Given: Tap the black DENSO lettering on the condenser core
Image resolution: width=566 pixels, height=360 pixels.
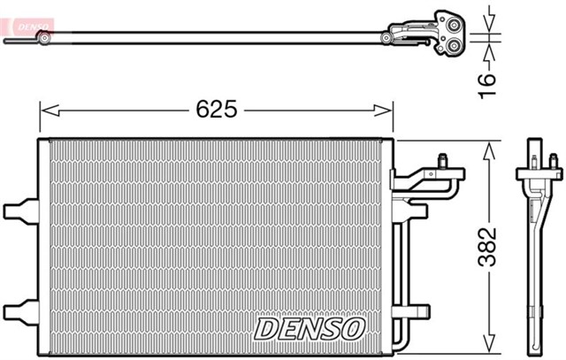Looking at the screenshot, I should click(x=309, y=328).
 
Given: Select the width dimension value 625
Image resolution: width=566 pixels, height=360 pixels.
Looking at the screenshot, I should click(x=215, y=110).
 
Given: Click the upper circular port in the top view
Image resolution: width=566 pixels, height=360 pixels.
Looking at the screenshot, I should click(x=444, y=21).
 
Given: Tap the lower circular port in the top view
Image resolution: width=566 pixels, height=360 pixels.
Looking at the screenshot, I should click(x=452, y=46).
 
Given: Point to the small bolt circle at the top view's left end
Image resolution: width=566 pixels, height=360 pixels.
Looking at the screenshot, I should click(x=42, y=37).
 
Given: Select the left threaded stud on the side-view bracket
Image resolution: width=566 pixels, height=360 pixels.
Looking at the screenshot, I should click(x=535, y=160).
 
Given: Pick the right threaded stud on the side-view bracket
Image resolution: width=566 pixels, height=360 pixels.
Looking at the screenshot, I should click(x=555, y=161).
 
